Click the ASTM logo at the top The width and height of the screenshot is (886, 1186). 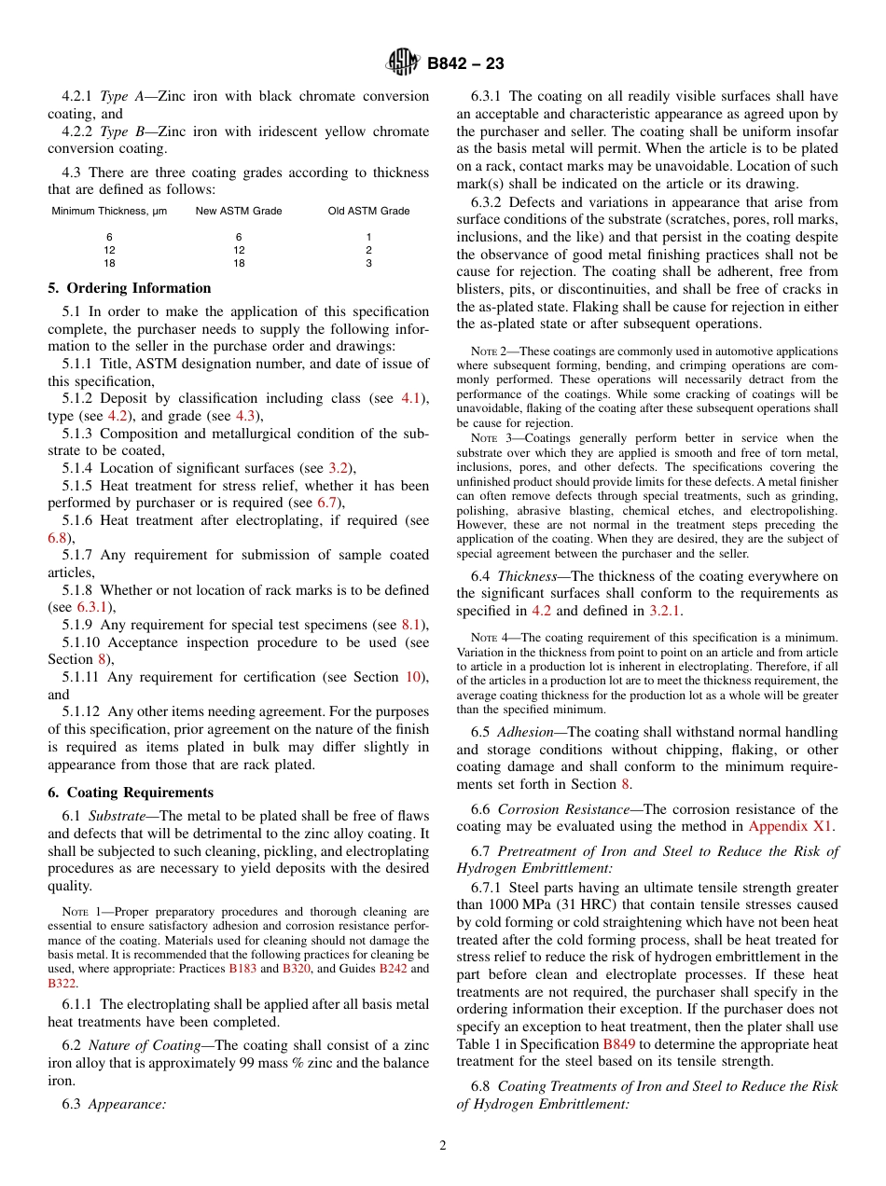coord(404,63)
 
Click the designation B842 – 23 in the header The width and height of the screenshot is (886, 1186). coord(465,63)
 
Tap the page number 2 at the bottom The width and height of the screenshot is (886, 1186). coord(443,1146)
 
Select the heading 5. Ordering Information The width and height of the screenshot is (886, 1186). coord(130,288)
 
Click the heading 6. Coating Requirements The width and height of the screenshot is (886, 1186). coord(131,793)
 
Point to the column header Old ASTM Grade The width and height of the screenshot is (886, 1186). coord(368,211)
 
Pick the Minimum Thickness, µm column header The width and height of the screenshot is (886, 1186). coord(109,211)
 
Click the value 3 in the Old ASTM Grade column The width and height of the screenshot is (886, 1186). coord(368,264)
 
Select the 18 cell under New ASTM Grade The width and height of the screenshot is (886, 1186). coord(239,264)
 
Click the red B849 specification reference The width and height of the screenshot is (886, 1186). coord(620,1043)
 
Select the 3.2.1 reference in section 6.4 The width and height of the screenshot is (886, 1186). coord(666,611)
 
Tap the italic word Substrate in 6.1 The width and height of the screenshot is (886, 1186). coord(117,816)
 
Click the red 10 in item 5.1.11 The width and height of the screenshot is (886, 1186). coord(413,677)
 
